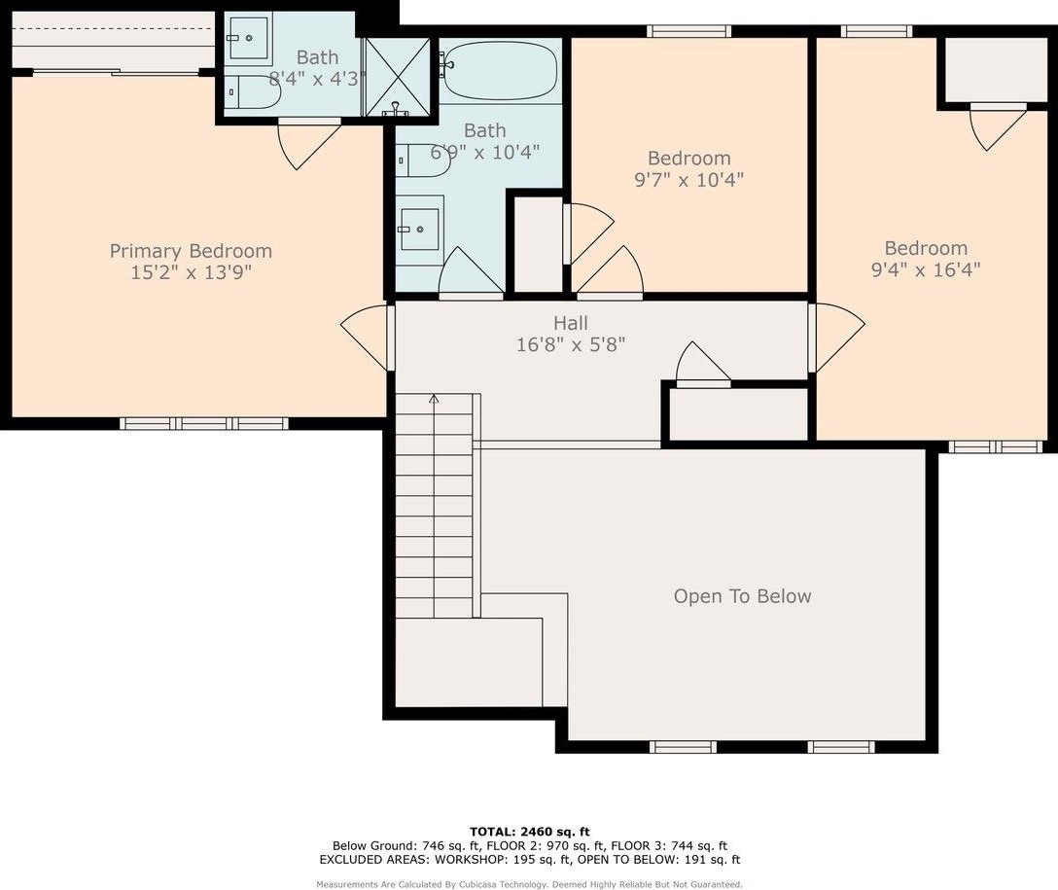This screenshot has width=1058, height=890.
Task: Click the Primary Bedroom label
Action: pos(191,251)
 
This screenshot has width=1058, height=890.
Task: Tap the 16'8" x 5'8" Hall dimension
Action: pos(571,344)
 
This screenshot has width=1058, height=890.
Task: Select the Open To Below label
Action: pos(742,596)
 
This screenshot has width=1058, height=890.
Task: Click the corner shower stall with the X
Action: pos(398,76)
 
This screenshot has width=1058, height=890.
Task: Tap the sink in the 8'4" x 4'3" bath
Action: pos(249,39)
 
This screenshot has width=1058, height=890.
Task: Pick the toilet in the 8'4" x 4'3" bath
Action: pos(253,92)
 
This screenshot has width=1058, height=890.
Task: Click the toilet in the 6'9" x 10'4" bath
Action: pos(422,161)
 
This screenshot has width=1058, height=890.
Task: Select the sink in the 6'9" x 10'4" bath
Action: pos(419,230)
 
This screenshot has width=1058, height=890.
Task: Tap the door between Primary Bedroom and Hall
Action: pos(367,338)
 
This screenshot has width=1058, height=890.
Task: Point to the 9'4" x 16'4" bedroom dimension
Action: pos(926,269)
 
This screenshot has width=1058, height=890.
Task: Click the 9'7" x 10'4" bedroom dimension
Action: pos(688,180)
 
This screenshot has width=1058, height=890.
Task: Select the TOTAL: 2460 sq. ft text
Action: pos(530,832)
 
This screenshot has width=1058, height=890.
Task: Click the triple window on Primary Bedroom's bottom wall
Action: pos(204,424)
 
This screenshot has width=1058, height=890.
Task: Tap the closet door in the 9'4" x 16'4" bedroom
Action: pos(998,126)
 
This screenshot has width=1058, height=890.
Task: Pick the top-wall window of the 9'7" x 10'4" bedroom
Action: pos(688,31)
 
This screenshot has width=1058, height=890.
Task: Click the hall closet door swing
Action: pos(703,365)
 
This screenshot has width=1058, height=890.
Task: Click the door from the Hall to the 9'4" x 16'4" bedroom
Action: pos(836,338)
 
